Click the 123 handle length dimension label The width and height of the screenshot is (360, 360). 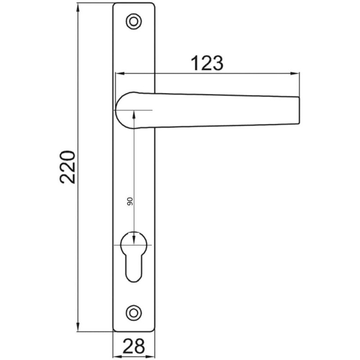click(207, 63)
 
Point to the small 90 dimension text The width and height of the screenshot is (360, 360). click(129, 201)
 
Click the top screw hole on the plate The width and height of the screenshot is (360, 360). click(133, 20)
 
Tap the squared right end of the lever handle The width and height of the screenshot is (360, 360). click(295, 110)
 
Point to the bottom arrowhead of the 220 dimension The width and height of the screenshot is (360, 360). click(78, 327)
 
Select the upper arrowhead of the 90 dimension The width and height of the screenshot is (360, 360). click(134, 114)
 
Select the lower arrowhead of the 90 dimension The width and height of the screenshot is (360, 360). click(134, 240)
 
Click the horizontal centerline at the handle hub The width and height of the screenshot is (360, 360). click(146, 110)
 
